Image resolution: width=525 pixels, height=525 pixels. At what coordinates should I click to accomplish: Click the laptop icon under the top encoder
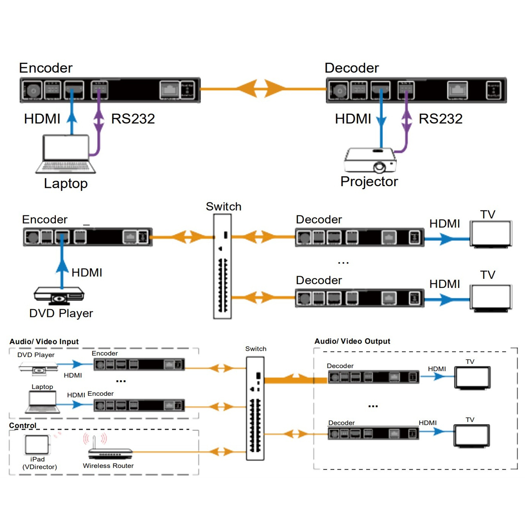[66, 154]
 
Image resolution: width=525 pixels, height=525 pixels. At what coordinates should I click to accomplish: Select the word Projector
[369, 182]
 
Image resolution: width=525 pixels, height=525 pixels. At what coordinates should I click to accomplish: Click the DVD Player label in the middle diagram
[61, 313]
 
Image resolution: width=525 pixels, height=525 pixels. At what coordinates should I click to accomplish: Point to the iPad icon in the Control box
[37, 445]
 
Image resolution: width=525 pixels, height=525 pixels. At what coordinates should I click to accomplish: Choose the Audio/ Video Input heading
[44, 342]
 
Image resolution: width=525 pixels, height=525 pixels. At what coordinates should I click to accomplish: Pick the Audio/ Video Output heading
[352, 341]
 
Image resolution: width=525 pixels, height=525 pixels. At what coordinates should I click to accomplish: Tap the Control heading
[23, 425]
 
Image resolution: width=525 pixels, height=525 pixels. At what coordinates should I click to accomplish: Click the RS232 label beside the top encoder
[133, 119]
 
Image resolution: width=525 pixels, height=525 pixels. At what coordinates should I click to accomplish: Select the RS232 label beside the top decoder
[441, 119]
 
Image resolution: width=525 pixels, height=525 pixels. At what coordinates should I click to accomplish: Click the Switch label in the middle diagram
[224, 206]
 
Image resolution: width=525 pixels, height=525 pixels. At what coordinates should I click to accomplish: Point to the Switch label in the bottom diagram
[256, 349]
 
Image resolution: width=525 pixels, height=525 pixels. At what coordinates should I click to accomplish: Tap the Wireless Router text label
[108, 466]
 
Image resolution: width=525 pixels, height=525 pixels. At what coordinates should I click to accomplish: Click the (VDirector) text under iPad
[40, 467]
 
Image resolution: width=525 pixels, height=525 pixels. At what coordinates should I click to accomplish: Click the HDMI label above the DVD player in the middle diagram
[87, 272]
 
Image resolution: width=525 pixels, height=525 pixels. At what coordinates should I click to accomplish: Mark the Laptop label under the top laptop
[66, 183]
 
